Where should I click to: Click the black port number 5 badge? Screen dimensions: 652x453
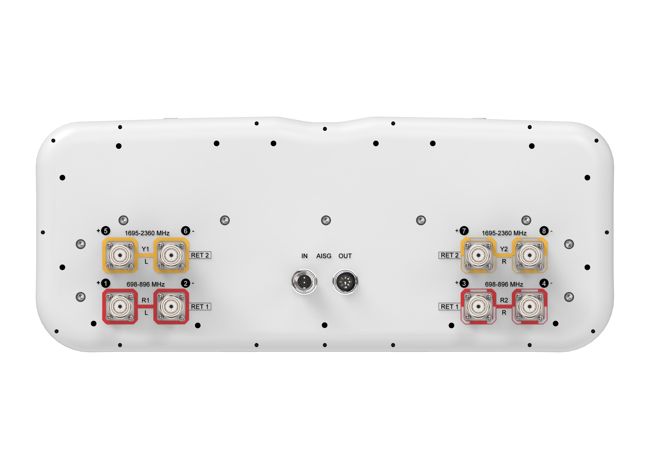[x=106, y=231]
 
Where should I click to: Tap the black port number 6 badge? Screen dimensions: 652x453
[x=185, y=231]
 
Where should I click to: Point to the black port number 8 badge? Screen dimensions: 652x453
[x=544, y=231]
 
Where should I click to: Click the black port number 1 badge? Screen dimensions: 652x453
[x=106, y=283]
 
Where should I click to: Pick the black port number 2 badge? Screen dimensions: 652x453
[x=185, y=283]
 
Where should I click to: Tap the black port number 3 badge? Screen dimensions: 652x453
[x=464, y=283]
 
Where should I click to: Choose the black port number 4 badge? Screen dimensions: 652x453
[x=544, y=283]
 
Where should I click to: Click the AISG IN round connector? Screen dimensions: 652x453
[x=304, y=282]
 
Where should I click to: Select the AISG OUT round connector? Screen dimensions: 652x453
[x=345, y=282]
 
